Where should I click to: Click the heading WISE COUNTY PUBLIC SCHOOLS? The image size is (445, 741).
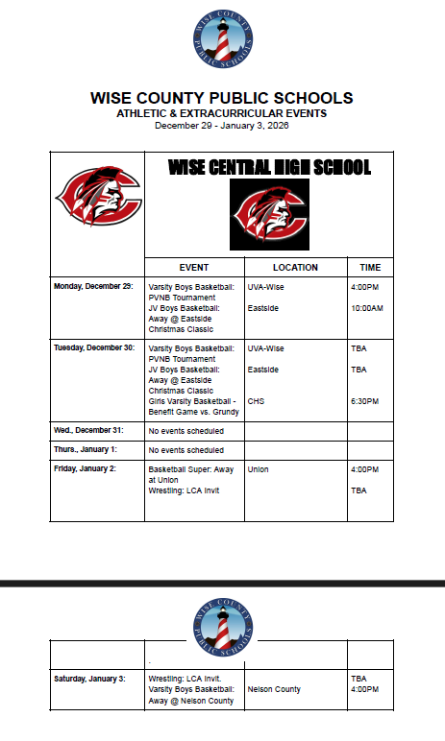[222, 98]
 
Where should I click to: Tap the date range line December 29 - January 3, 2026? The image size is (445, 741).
[222, 126]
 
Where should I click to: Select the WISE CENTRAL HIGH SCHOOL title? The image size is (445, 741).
[269, 168]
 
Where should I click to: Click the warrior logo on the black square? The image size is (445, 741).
[269, 214]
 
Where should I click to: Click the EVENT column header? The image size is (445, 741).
[193, 267]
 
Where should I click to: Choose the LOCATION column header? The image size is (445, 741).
[295, 267]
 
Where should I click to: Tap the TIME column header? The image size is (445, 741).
[370, 267]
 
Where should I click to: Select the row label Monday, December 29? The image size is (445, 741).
[93, 286]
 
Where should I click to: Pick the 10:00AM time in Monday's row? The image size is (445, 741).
[367, 308]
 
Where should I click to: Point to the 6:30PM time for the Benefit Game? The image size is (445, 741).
[366, 401]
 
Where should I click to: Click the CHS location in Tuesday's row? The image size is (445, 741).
[256, 401]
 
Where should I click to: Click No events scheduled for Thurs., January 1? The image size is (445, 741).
[186, 450]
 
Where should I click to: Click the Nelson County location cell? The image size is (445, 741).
[274, 689]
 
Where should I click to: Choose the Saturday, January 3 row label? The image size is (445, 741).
[89, 679]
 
